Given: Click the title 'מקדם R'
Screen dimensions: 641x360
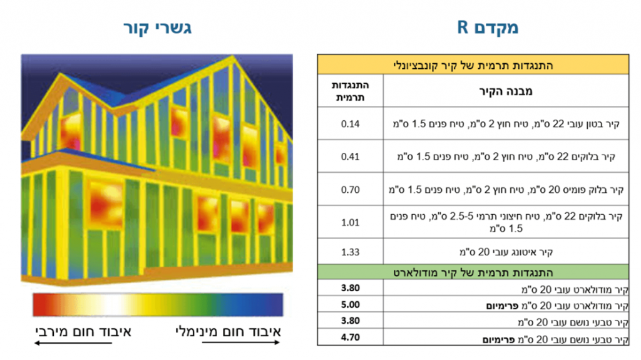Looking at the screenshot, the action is coord(487,28).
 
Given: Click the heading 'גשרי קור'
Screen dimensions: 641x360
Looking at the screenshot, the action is coord(157,28).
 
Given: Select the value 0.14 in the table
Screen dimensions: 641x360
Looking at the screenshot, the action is coord(351,124).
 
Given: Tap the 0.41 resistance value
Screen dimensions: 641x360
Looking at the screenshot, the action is coord(351,157).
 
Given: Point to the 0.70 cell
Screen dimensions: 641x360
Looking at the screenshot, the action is coord(351,190).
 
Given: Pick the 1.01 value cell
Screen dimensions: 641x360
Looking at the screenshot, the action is coord(351,222).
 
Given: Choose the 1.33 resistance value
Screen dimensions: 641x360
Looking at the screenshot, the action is coord(351,252).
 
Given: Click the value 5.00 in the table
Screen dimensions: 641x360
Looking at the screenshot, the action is coord(351,305).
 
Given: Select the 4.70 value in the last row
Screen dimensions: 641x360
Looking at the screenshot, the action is coord(351,337).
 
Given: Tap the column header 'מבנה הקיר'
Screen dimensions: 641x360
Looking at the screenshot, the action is coord(506,91).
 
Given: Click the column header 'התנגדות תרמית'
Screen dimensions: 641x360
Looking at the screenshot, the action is coord(351,91).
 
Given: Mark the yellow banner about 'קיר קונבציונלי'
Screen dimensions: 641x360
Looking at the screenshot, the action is coord(473,64).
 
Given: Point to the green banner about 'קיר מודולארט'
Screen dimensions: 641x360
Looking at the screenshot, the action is coord(473,272).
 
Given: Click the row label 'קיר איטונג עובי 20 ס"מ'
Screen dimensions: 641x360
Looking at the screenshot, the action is coord(506,252).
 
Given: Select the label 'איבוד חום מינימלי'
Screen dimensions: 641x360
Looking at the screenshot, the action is coord(228,331).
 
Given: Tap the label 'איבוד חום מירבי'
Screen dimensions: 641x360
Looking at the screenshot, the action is coord(83,331).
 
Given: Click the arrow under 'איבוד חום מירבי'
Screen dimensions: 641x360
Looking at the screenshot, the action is coord(73,343).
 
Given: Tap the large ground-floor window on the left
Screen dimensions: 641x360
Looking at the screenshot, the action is coord(105,203).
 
